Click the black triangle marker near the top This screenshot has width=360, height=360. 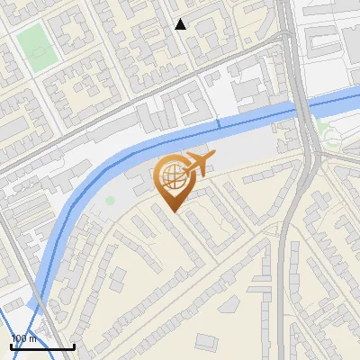(x=180, y=24)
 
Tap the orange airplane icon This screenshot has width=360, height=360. (x=198, y=165)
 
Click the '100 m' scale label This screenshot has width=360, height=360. (x=24, y=338)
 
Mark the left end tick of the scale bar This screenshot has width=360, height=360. (x=12, y=346)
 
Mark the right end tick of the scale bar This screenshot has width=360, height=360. (x=74, y=346)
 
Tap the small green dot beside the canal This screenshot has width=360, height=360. (x=110, y=200)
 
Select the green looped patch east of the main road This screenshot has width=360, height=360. (x=331, y=138)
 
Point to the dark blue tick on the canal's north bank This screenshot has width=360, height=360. (x=218, y=121)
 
